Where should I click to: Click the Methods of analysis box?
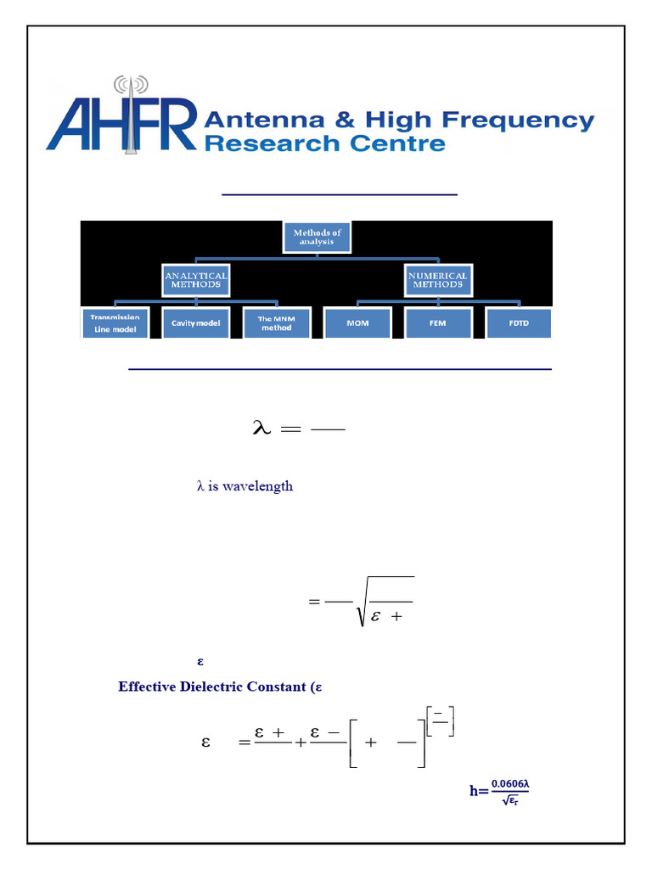pos(314,238)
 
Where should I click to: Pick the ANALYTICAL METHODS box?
pos(196,280)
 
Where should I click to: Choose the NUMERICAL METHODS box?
pos(438,280)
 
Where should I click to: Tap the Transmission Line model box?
pos(115,323)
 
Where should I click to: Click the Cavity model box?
pos(196,323)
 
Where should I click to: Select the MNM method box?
pos(276,323)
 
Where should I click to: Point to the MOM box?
pos(357,323)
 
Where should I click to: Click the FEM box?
pos(438,323)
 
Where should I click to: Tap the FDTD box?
pos(519,323)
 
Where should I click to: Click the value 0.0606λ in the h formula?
pos(511,782)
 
